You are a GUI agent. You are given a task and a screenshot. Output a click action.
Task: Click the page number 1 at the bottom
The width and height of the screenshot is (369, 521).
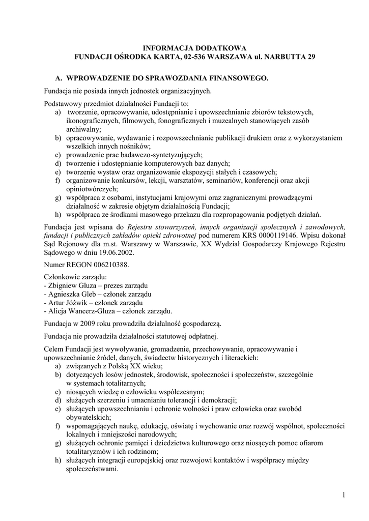[x=344, y=496]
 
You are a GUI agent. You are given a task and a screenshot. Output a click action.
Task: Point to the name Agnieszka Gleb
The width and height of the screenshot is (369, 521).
[x=73, y=294]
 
